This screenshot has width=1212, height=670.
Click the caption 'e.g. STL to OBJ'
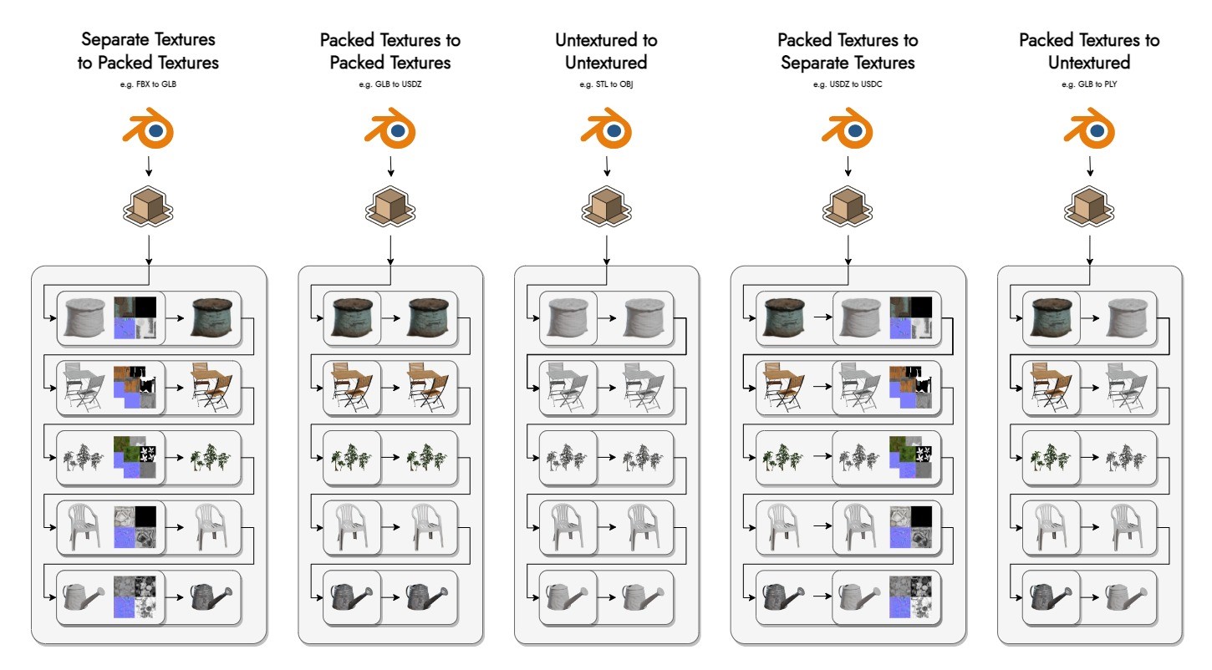click(x=606, y=85)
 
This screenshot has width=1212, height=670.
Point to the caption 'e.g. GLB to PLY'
click(x=1090, y=85)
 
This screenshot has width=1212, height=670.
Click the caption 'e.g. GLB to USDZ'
click(x=390, y=85)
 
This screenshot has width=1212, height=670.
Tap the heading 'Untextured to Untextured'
click(x=606, y=51)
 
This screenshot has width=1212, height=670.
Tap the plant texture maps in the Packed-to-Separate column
click(x=910, y=457)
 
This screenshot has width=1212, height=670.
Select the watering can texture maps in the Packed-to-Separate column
click(x=910, y=596)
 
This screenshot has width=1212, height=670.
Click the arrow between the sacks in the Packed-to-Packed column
click(x=390, y=318)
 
